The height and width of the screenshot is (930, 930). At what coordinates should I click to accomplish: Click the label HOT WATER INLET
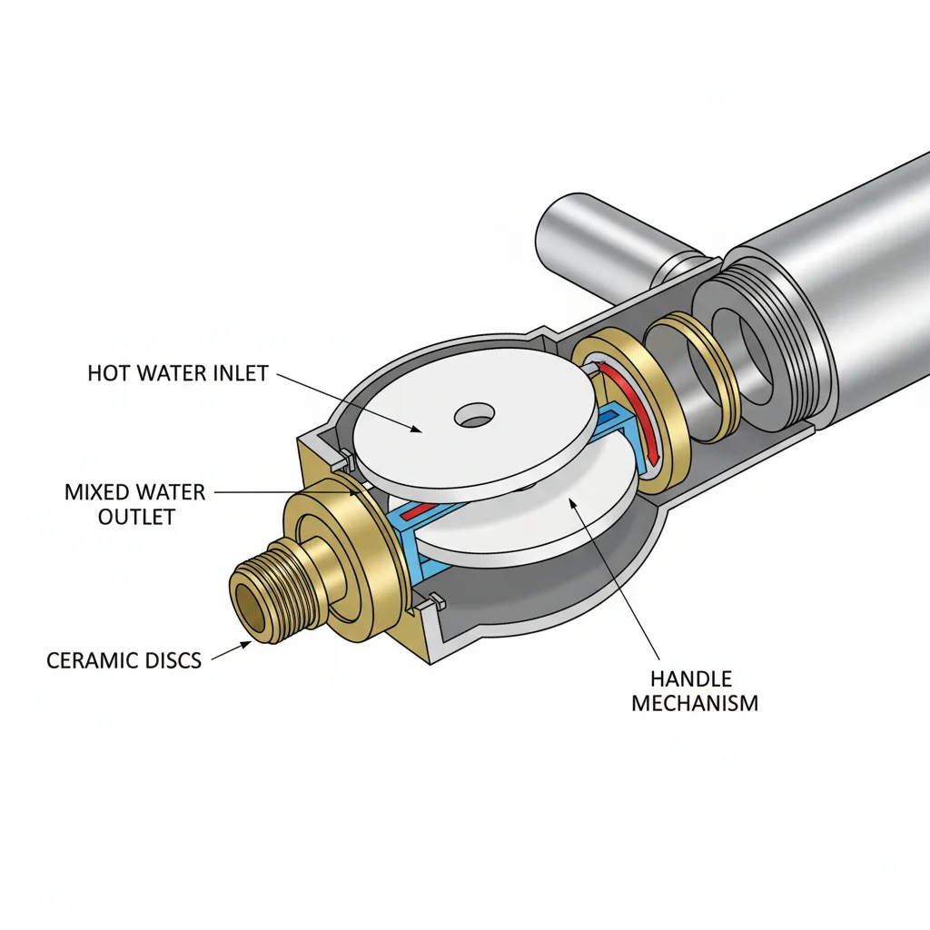click(178, 373)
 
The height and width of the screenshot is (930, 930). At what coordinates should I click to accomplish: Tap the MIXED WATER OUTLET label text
click(135, 504)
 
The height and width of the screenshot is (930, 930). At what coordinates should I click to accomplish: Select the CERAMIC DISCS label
click(124, 660)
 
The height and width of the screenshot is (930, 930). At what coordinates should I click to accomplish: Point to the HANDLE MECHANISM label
click(695, 691)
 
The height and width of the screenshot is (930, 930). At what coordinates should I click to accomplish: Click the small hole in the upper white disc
click(474, 415)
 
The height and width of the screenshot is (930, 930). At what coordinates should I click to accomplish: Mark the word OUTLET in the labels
click(136, 517)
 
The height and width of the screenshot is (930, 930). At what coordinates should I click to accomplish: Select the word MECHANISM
click(695, 704)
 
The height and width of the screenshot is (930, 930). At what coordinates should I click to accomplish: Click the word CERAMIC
click(86, 660)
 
